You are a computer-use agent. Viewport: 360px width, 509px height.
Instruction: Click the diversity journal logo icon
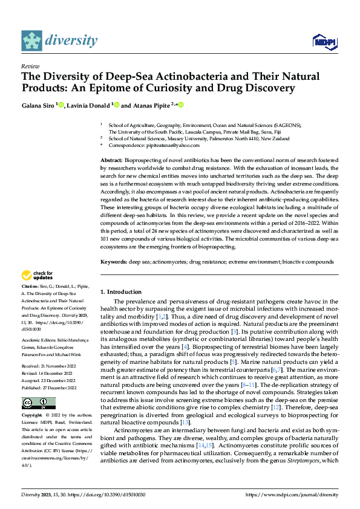click(32, 41)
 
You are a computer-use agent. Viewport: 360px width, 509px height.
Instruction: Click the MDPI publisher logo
click(324, 41)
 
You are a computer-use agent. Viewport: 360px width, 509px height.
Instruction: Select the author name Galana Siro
click(38, 105)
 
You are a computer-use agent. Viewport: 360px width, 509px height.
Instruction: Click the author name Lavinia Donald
click(93, 105)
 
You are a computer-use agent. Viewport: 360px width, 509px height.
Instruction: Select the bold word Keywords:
click(114, 262)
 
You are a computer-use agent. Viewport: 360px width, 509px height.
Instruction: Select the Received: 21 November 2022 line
click(48, 349)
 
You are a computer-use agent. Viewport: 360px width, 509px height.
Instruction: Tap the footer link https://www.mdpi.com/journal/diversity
click(292, 494)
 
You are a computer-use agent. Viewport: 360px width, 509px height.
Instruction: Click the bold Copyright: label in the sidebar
click(34, 417)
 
